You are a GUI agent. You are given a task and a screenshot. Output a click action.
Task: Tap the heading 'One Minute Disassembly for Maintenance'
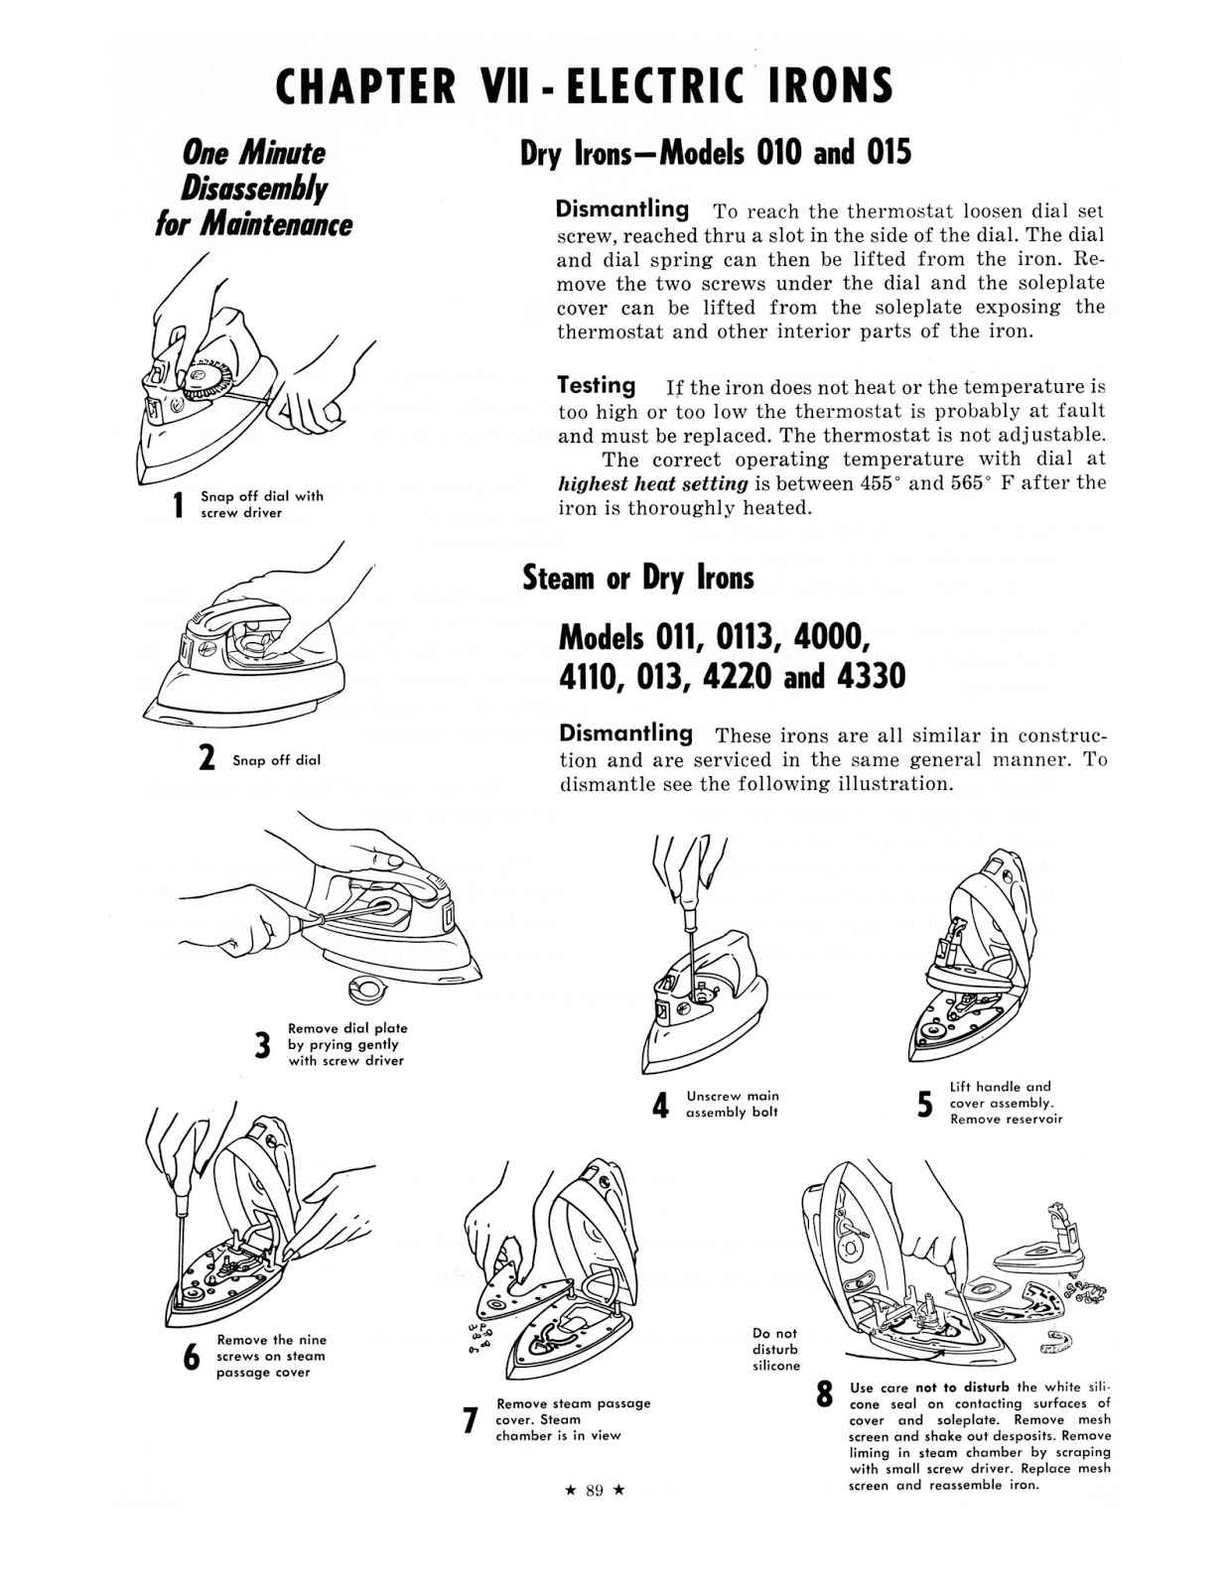pyautogui.click(x=253, y=188)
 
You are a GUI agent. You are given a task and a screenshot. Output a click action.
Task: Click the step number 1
pyautogui.click(x=178, y=505)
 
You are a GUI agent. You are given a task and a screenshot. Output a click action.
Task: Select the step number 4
pyautogui.click(x=660, y=1105)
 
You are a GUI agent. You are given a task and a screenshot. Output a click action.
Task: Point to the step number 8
pyautogui.click(x=824, y=1394)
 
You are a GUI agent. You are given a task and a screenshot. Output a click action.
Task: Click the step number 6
pyautogui.click(x=192, y=1356)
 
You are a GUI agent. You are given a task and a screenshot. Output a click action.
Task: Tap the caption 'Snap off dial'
pyautogui.click(x=276, y=760)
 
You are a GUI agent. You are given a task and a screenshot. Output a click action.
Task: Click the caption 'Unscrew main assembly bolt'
pyautogui.click(x=733, y=1105)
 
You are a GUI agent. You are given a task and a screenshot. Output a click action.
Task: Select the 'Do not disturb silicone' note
pyautogui.click(x=775, y=1349)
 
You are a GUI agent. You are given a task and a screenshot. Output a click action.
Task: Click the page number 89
pyautogui.click(x=595, y=1490)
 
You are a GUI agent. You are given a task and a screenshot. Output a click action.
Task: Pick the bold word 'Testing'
pyautogui.click(x=597, y=385)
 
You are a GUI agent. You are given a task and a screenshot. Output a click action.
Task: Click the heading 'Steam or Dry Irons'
pyautogui.click(x=638, y=578)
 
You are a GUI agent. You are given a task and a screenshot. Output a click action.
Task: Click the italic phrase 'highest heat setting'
pyautogui.click(x=653, y=484)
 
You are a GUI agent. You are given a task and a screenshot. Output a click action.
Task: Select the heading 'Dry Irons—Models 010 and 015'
pyautogui.click(x=716, y=153)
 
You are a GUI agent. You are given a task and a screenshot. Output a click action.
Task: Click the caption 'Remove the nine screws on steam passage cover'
pyautogui.click(x=271, y=1356)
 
